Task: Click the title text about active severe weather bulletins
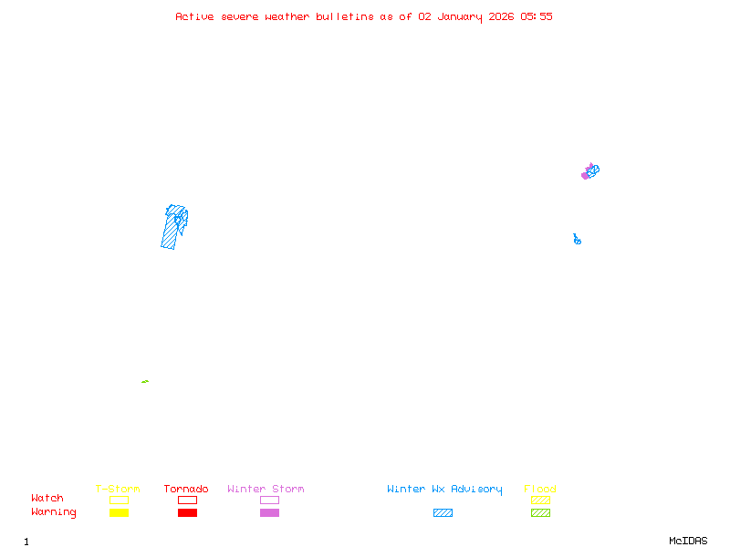click(364, 16)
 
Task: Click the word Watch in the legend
click(47, 499)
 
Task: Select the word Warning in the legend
click(54, 512)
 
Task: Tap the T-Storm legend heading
click(118, 489)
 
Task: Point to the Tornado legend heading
click(186, 489)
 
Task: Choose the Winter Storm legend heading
click(266, 489)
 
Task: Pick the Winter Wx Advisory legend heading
click(444, 489)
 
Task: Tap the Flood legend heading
click(540, 489)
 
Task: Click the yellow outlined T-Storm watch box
click(119, 500)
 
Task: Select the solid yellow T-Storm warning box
click(119, 512)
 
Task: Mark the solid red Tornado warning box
click(187, 512)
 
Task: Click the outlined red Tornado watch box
click(187, 500)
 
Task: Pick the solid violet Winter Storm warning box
click(269, 512)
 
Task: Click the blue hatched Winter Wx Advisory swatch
click(443, 512)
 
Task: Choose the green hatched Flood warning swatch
click(540, 512)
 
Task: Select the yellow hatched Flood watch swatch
click(540, 500)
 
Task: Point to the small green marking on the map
click(145, 381)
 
